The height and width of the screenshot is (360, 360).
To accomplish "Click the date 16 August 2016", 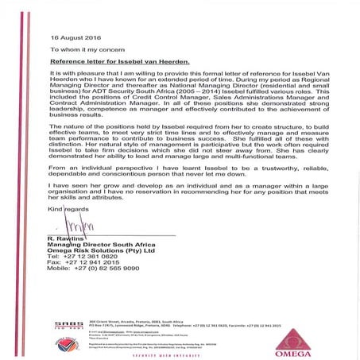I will pyautogui.click(x=75, y=37).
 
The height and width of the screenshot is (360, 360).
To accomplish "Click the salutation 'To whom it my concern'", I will pyautogui.click(x=85, y=48).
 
